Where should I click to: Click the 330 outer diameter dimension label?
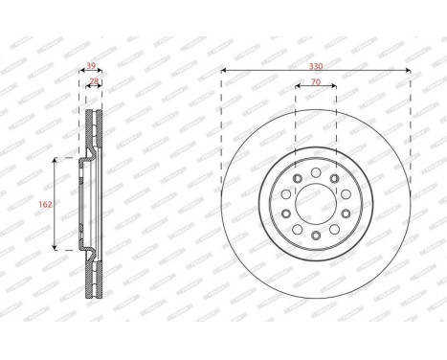coord(316,63)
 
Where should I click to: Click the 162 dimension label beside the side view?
coord(45,203)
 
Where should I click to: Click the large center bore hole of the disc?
coord(316,203)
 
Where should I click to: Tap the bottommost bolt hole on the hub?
coord(316,236)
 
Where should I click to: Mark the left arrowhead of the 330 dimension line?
coord(223,70)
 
